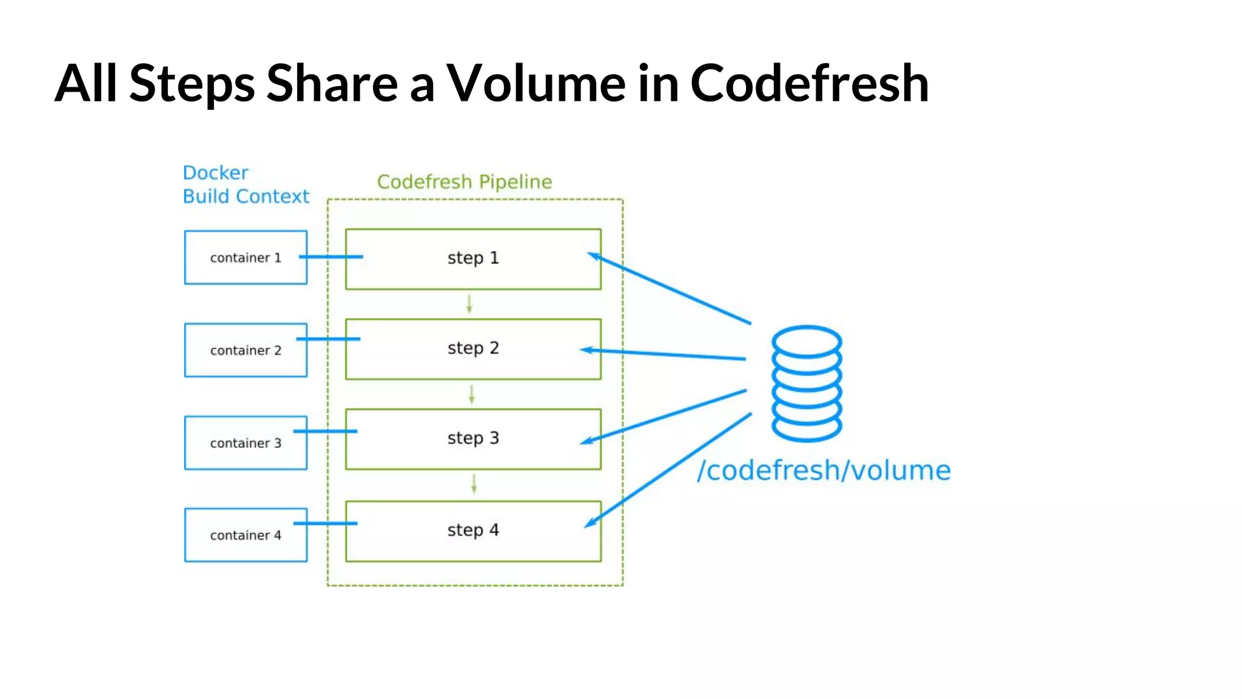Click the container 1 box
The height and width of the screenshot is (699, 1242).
(x=246, y=257)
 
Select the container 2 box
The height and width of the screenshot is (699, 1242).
(x=246, y=350)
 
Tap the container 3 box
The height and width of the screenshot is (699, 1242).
(x=246, y=443)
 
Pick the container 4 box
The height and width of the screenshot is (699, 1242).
(x=246, y=535)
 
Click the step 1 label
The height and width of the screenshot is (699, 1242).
(x=473, y=258)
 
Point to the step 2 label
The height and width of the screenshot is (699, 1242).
(x=473, y=348)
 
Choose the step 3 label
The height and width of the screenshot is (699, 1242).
(x=473, y=438)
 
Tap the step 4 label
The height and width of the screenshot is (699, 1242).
(x=473, y=530)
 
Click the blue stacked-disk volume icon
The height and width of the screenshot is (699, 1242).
(x=807, y=383)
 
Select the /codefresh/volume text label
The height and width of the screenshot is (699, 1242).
(x=824, y=471)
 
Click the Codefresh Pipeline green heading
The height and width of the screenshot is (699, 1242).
(x=465, y=181)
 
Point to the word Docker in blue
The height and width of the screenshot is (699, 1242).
(x=215, y=173)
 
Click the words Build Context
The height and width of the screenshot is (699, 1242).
(x=246, y=197)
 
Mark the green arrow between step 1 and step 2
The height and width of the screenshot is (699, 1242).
(x=469, y=304)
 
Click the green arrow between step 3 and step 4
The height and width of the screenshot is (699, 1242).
(x=474, y=484)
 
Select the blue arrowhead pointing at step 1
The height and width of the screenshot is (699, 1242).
(x=594, y=257)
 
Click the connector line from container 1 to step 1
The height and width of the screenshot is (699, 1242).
(x=331, y=257)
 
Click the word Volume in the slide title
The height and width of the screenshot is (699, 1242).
(x=536, y=84)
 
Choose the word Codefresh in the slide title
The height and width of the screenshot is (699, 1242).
(x=809, y=84)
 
